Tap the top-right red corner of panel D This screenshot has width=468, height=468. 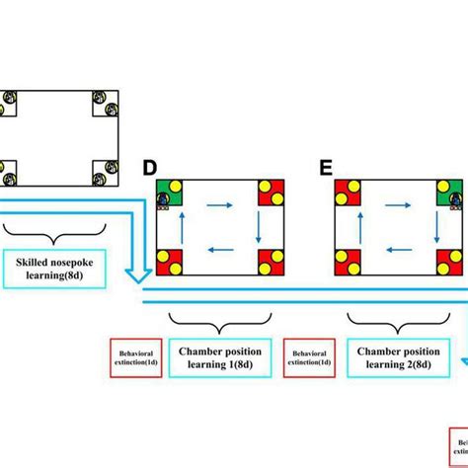272,193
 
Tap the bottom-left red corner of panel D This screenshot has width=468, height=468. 170,262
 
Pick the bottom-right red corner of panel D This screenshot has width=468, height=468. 272,262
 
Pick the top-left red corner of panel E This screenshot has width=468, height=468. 348,193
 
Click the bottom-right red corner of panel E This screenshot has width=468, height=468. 450,262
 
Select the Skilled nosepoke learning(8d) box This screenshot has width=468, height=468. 61,270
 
